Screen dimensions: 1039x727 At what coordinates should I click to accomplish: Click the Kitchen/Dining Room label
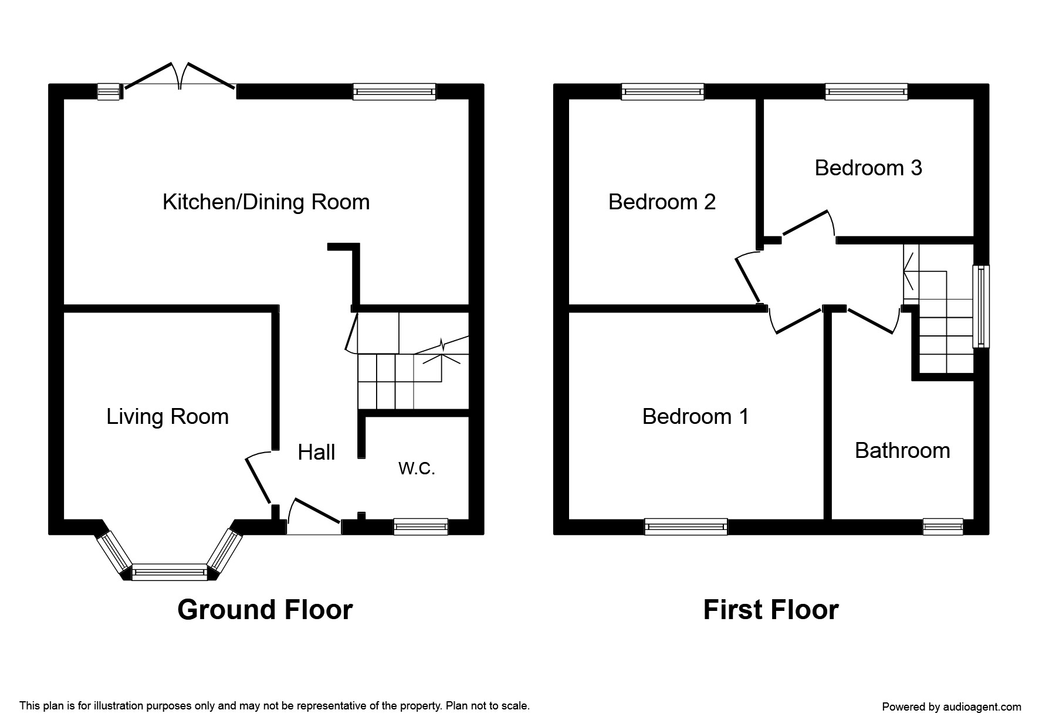[x=266, y=202]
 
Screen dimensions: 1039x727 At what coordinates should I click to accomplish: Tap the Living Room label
[x=167, y=417]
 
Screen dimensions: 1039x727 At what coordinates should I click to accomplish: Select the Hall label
[x=316, y=452]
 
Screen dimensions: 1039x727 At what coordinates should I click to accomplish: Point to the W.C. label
[x=417, y=468]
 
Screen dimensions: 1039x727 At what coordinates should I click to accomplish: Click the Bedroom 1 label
[x=695, y=416]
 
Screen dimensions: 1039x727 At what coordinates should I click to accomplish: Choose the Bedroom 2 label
[x=662, y=202]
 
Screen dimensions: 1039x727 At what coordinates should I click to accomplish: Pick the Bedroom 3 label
[x=868, y=168]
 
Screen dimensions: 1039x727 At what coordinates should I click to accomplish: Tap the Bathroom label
[x=902, y=450]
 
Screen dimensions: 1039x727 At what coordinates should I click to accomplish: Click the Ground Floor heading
[x=265, y=610]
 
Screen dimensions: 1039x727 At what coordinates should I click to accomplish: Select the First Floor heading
[x=771, y=610]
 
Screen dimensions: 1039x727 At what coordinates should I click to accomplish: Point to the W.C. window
[x=421, y=526]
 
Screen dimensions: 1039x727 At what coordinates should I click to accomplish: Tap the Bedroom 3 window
[x=867, y=91]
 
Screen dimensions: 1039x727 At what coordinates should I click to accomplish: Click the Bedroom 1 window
[x=686, y=526]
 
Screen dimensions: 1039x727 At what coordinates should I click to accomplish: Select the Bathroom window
[x=943, y=526]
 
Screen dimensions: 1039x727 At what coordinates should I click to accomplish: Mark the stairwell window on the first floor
[x=982, y=306]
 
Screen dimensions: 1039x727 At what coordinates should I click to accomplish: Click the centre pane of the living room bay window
[x=170, y=572]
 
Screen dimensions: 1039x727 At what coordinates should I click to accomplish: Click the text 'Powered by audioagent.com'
[x=952, y=707]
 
